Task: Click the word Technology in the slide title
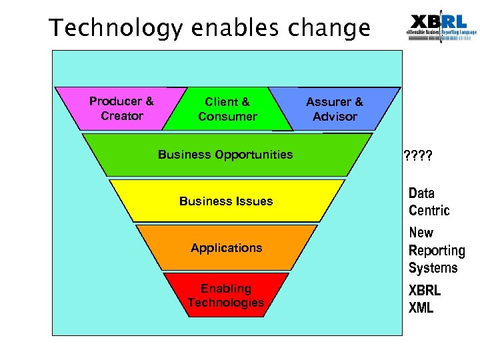[117, 28]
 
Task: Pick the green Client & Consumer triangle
[227, 109]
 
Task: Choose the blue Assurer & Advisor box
[335, 109]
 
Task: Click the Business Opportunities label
[225, 155]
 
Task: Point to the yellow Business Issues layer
[226, 201]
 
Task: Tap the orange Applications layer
[226, 248]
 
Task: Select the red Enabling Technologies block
[226, 295]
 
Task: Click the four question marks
[418, 157]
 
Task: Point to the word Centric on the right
[429, 211]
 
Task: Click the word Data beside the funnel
[421, 193]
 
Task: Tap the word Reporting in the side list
[437, 251]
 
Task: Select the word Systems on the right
[433, 268]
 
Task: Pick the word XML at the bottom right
[421, 308]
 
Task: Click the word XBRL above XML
[425, 291]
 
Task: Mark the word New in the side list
[421, 233]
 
